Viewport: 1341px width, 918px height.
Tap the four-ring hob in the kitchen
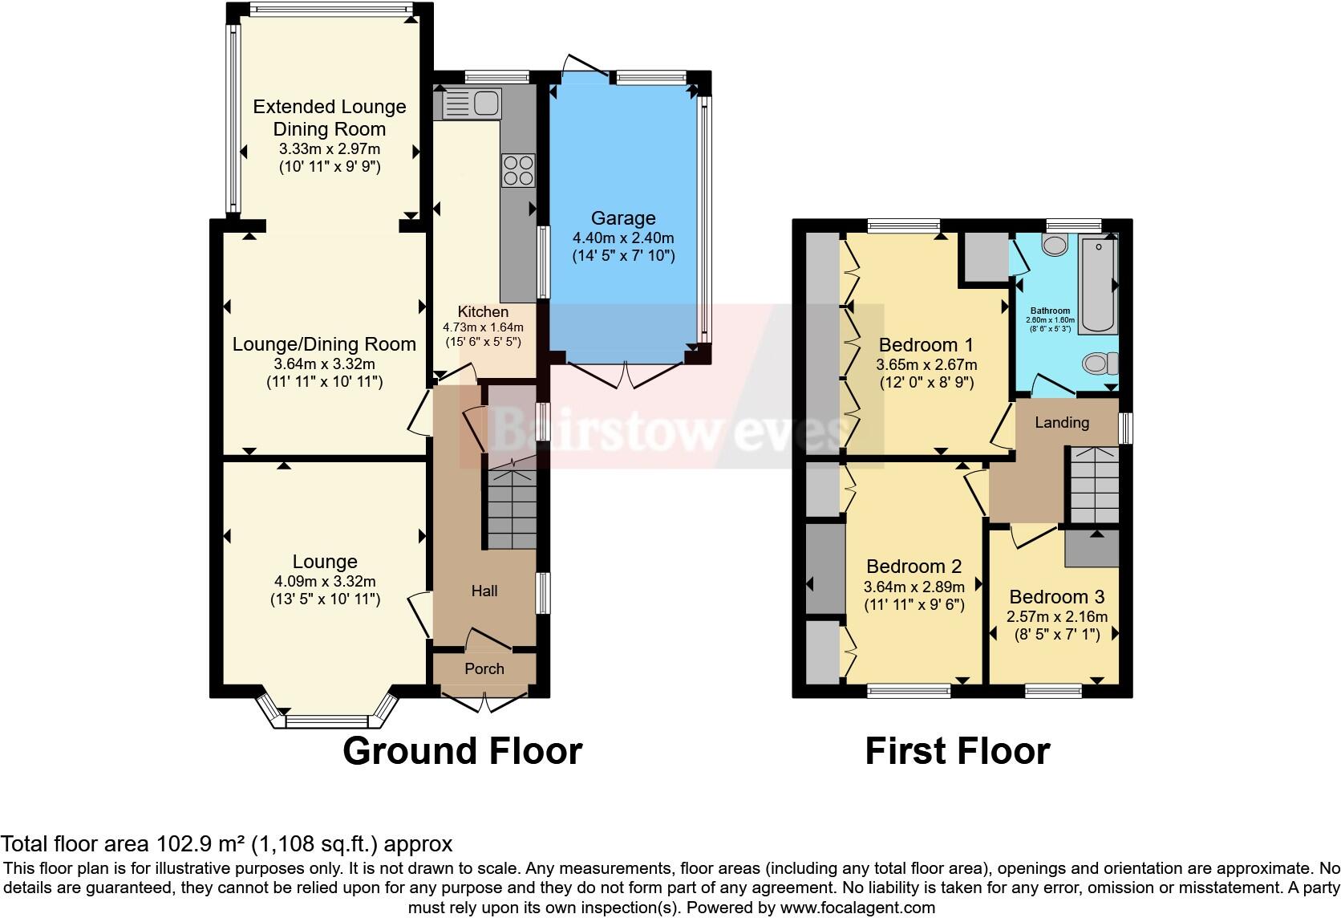(x=517, y=170)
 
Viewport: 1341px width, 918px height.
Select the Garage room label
(x=623, y=218)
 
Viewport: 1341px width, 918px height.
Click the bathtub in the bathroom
(x=1097, y=283)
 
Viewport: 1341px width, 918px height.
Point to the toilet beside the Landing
(x=1100, y=364)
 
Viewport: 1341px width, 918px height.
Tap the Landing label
(x=1061, y=422)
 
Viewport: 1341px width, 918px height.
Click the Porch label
(x=484, y=668)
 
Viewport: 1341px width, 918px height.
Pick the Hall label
(x=484, y=591)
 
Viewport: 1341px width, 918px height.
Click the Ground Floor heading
(x=462, y=751)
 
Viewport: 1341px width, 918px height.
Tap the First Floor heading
(x=957, y=751)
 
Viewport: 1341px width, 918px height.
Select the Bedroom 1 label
(x=926, y=345)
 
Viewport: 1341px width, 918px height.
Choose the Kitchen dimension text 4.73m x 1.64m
(x=483, y=327)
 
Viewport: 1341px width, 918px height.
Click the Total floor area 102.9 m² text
(x=226, y=843)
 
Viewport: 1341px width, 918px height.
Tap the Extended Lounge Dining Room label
(x=330, y=118)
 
